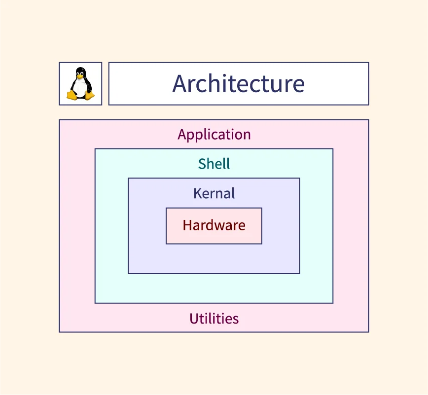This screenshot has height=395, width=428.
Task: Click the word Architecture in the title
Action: coord(239,83)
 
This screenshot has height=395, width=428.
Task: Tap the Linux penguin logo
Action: coord(80,84)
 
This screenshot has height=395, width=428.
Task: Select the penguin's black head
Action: coord(80,72)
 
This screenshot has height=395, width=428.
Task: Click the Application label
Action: coord(214,135)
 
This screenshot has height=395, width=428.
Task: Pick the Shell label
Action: coord(214,164)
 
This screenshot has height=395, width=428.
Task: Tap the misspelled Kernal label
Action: coord(214,193)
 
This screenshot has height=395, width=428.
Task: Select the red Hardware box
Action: coord(214,226)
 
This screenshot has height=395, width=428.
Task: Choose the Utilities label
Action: coord(214,319)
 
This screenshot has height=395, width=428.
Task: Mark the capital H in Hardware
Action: coord(187,225)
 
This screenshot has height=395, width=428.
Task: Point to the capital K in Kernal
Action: coord(197,193)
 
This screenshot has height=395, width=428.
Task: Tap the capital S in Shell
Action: coord(202,164)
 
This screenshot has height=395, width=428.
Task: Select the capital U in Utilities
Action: coord(194,319)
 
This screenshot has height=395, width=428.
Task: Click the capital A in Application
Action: coord(182,135)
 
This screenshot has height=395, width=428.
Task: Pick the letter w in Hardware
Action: coord(220,226)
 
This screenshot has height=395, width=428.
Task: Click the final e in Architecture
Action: coord(298,84)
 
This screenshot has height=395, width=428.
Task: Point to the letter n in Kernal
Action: coord(219,194)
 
